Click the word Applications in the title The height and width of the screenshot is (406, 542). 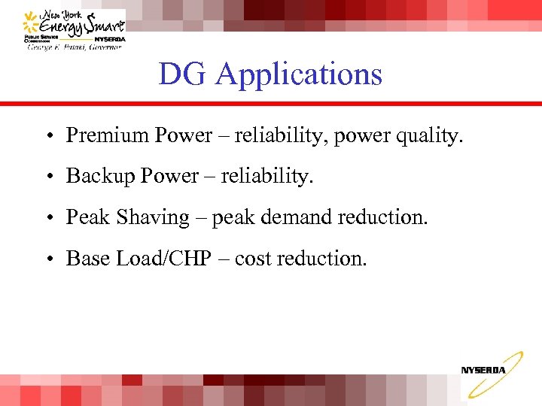tap(299, 75)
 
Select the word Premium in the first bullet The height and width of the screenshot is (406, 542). tap(107, 135)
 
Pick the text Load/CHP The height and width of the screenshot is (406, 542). tap(169, 259)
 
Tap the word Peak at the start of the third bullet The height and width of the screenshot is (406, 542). tap(88, 217)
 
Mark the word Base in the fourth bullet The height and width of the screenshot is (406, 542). tap(87, 259)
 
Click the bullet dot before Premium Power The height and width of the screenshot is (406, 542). tap(47, 137)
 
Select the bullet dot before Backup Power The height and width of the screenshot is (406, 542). tap(47, 177)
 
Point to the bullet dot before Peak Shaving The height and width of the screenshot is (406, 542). tap(47, 219)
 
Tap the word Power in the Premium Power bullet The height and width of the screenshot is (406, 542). tap(184, 135)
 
